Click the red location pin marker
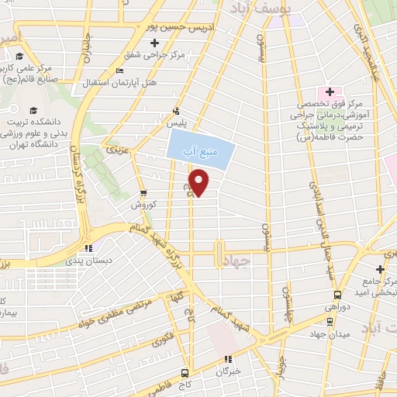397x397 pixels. point(199,183)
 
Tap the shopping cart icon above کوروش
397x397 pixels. point(143,194)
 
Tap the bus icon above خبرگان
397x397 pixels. point(227,359)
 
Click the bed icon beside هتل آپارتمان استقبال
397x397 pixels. point(118,72)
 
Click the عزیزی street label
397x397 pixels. point(116,147)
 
